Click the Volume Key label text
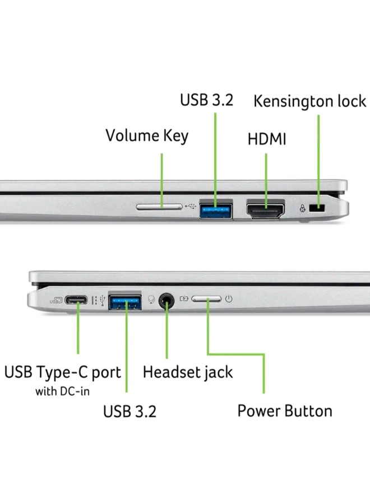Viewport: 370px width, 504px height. click(x=147, y=136)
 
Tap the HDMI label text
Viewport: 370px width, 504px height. click(x=267, y=139)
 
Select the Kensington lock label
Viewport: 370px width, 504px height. click(x=309, y=101)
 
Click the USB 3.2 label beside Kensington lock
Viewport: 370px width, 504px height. click(x=206, y=100)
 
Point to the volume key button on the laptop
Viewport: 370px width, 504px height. click(x=160, y=207)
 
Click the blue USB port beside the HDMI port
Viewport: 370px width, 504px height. click(x=216, y=209)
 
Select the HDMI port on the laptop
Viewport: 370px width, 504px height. click(x=266, y=209)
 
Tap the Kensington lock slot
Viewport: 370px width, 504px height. click(x=321, y=208)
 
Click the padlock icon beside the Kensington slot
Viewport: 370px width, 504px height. click(x=303, y=208)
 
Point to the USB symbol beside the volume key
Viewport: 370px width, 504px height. click(x=189, y=207)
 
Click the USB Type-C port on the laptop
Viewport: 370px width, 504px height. click(x=76, y=300)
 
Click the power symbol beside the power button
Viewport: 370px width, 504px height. click(x=228, y=299)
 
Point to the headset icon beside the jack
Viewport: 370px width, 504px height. click(x=151, y=300)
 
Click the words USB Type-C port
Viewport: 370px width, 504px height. click(x=63, y=372)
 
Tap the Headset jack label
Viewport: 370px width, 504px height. click(x=188, y=372)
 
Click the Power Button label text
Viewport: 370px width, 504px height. click(x=285, y=410)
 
